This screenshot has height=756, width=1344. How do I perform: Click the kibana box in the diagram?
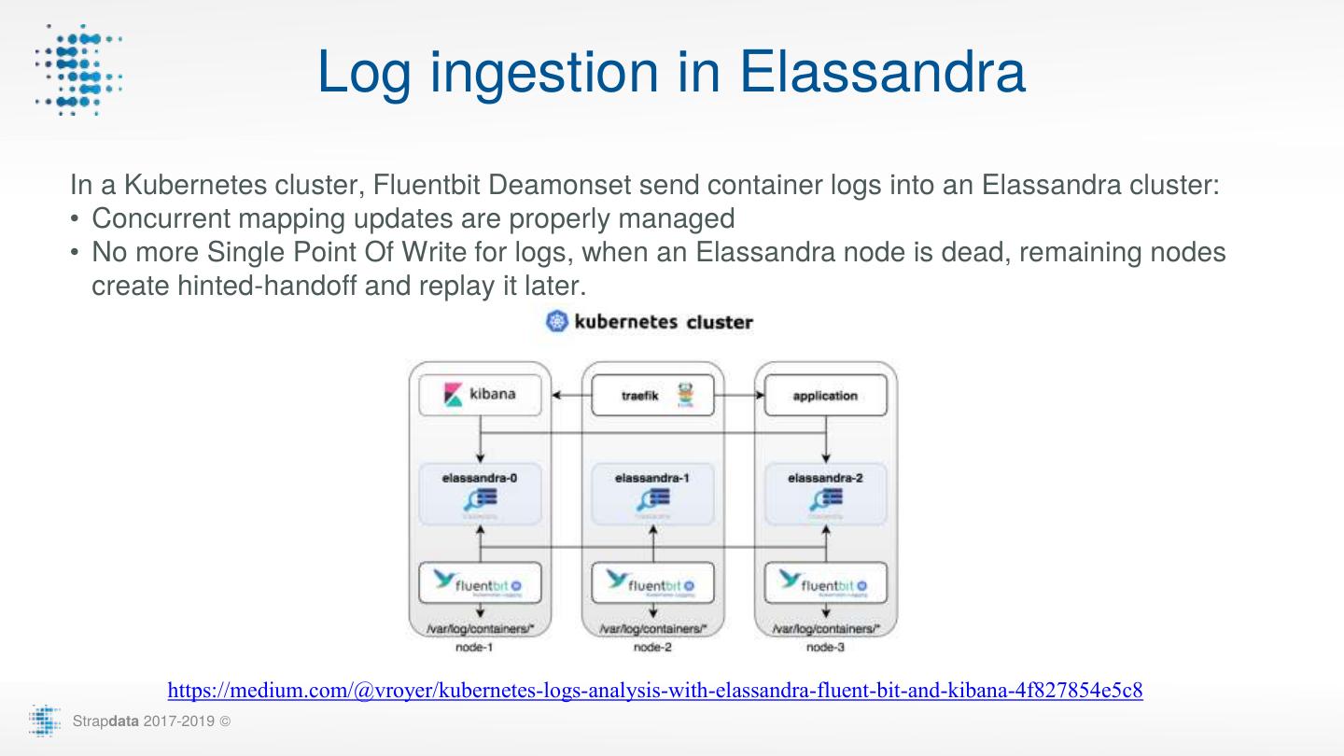point(480,395)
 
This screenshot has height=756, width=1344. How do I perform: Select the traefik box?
point(652,395)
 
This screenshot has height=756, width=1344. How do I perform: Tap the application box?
point(825,395)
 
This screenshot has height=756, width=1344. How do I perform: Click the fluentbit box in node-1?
point(480,582)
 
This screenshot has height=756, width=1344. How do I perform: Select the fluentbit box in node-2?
point(652,582)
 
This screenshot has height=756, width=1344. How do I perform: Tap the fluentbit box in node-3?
point(825,582)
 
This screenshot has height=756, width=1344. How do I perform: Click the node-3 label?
point(825,647)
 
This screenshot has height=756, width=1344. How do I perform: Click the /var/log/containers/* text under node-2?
point(652,629)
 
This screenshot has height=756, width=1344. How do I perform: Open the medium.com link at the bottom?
point(655,691)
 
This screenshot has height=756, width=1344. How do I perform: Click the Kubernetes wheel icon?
point(556,322)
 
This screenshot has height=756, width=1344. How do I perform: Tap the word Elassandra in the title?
point(882,71)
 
